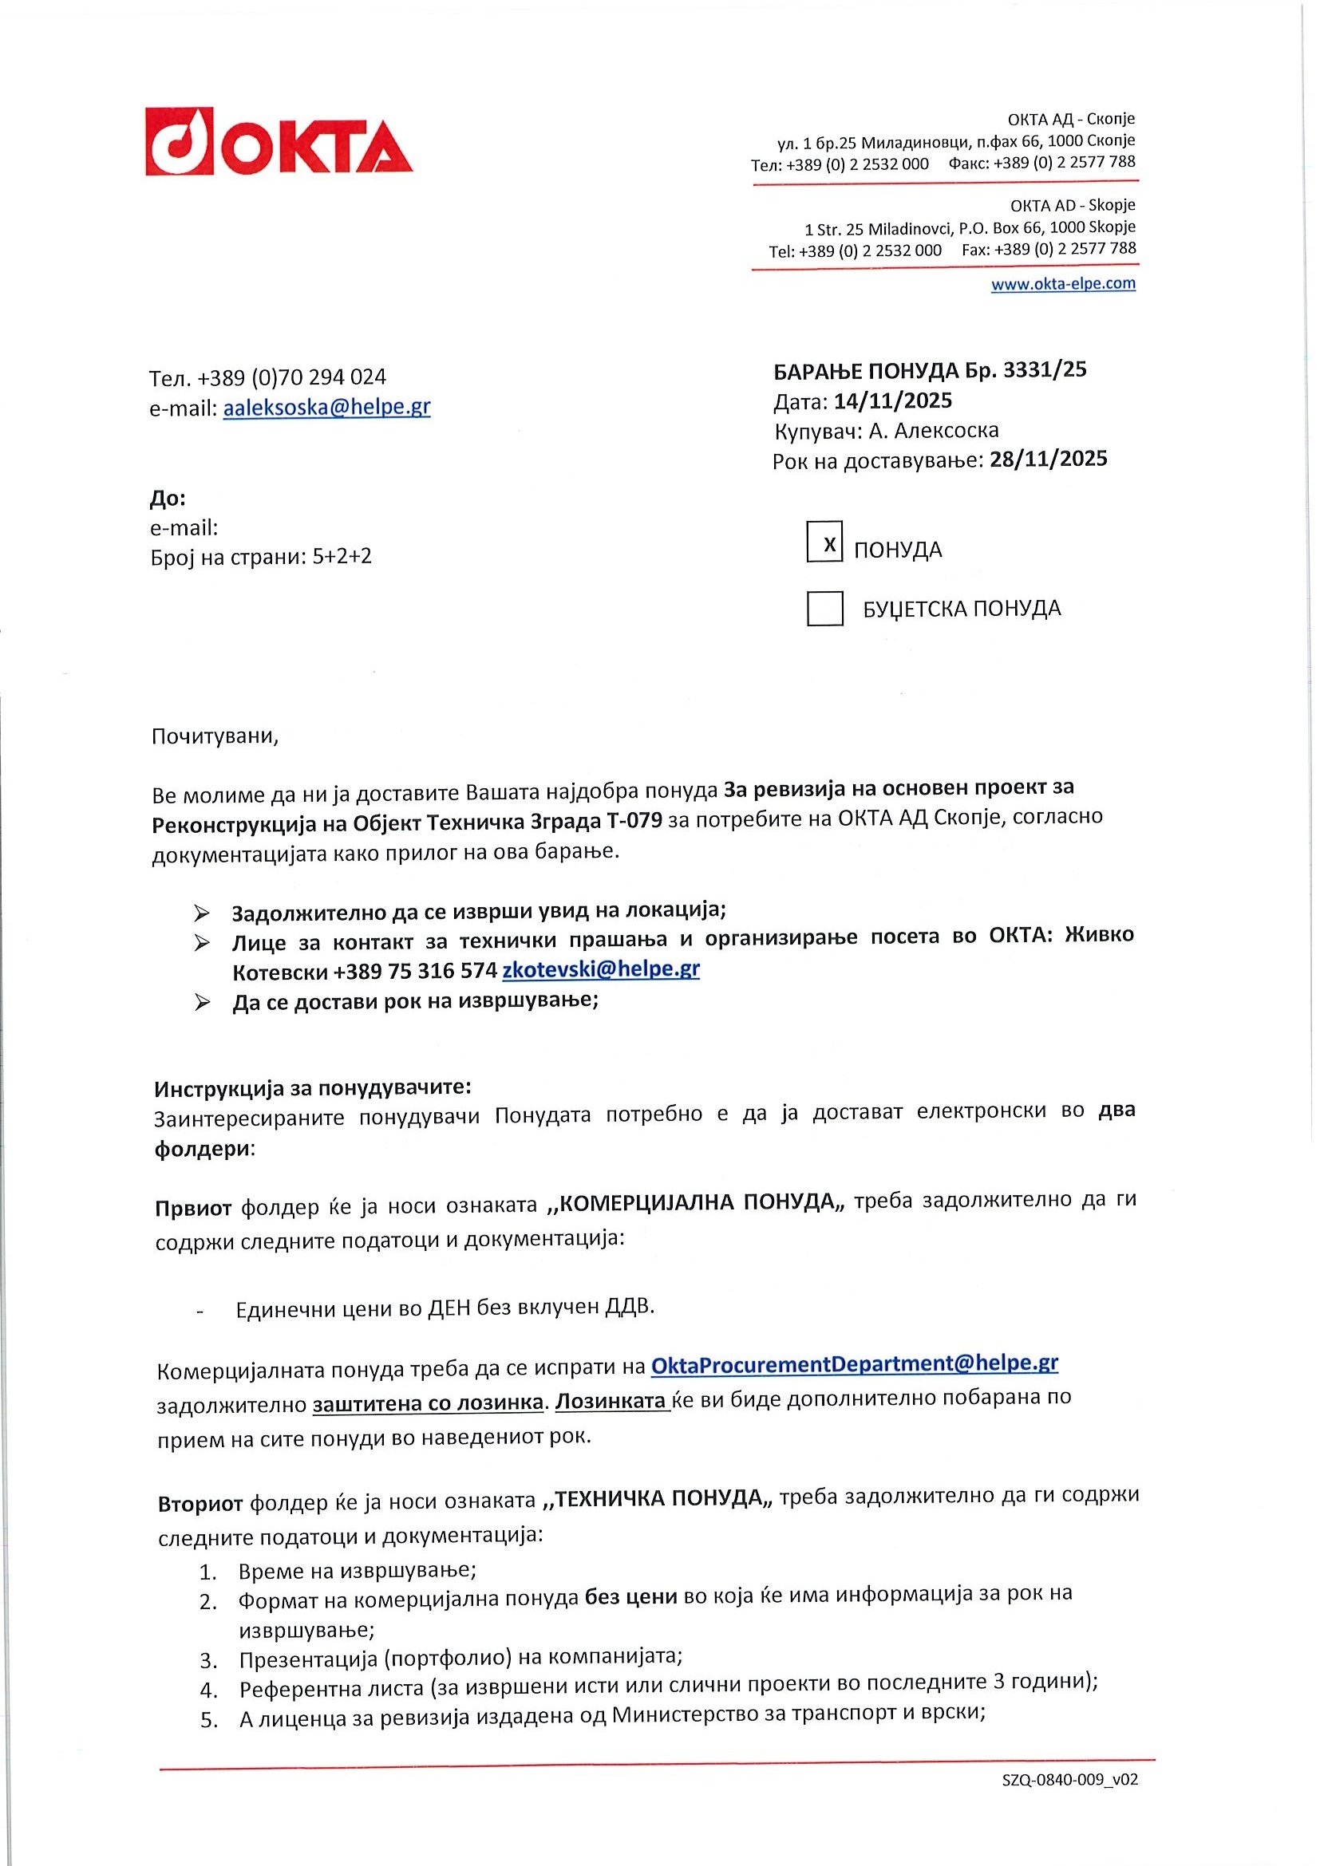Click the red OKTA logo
click(279, 141)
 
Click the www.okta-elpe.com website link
click(1062, 284)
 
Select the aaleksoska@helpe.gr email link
click(326, 407)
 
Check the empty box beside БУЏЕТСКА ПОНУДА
click(824, 609)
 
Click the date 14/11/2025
click(892, 400)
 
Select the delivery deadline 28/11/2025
click(1048, 460)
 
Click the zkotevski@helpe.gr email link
click(601, 969)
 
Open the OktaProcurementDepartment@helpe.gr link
click(854, 1363)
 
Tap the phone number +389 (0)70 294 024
click(292, 377)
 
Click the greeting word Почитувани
click(215, 737)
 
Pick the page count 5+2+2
click(342, 557)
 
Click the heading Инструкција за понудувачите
click(313, 1087)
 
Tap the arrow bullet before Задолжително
click(202, 913)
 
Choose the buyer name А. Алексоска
click(933, 430)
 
